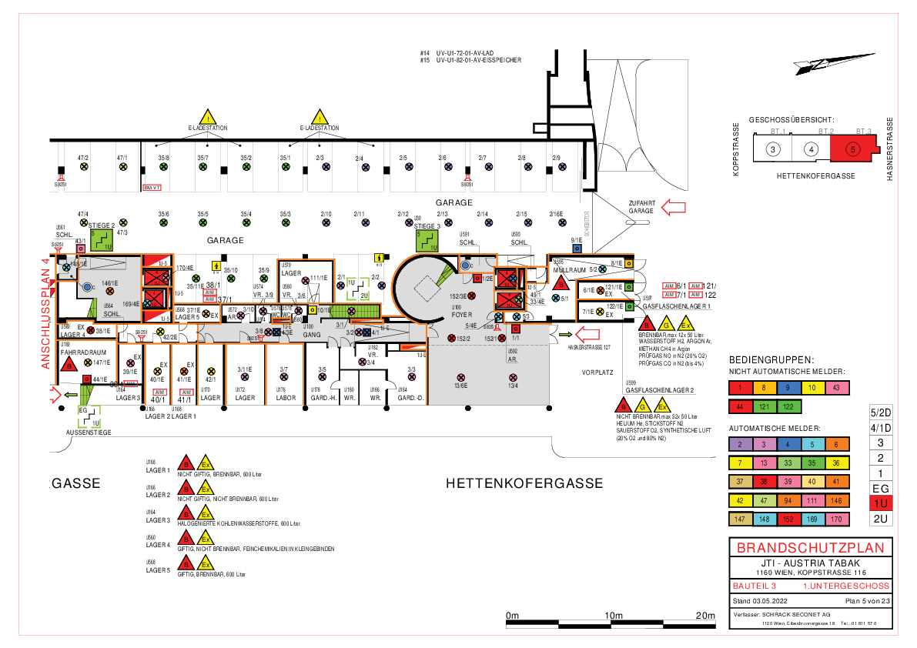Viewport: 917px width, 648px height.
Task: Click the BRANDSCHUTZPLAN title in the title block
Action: click(x=811, y=548)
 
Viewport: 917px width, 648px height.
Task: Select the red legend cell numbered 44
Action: click(x=740, y=406)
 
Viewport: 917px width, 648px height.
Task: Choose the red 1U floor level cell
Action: click(x=880, y=503)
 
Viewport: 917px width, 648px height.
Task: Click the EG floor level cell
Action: click(x=880, y=488)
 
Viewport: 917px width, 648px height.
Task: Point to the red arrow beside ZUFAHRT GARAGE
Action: click(x=675, y=206)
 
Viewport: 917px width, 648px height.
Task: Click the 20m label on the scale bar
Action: click(x=704, y=616)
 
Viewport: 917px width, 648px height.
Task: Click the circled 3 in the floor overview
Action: click(x=772, y=149)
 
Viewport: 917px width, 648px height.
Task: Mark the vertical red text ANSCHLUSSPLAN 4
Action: click(x=45, y=313)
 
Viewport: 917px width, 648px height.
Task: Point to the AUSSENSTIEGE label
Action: click(x=88, y=433)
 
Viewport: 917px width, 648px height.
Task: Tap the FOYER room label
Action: click(x=462, y=314)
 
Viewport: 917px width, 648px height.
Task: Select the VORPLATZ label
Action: click(x=598, y=372)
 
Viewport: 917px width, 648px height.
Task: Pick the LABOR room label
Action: click(x=286, y=398)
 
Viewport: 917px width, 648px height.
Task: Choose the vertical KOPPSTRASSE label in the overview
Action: click(x=737, y=149)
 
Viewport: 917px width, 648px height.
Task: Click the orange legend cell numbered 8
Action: click(x=765, y=389)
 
